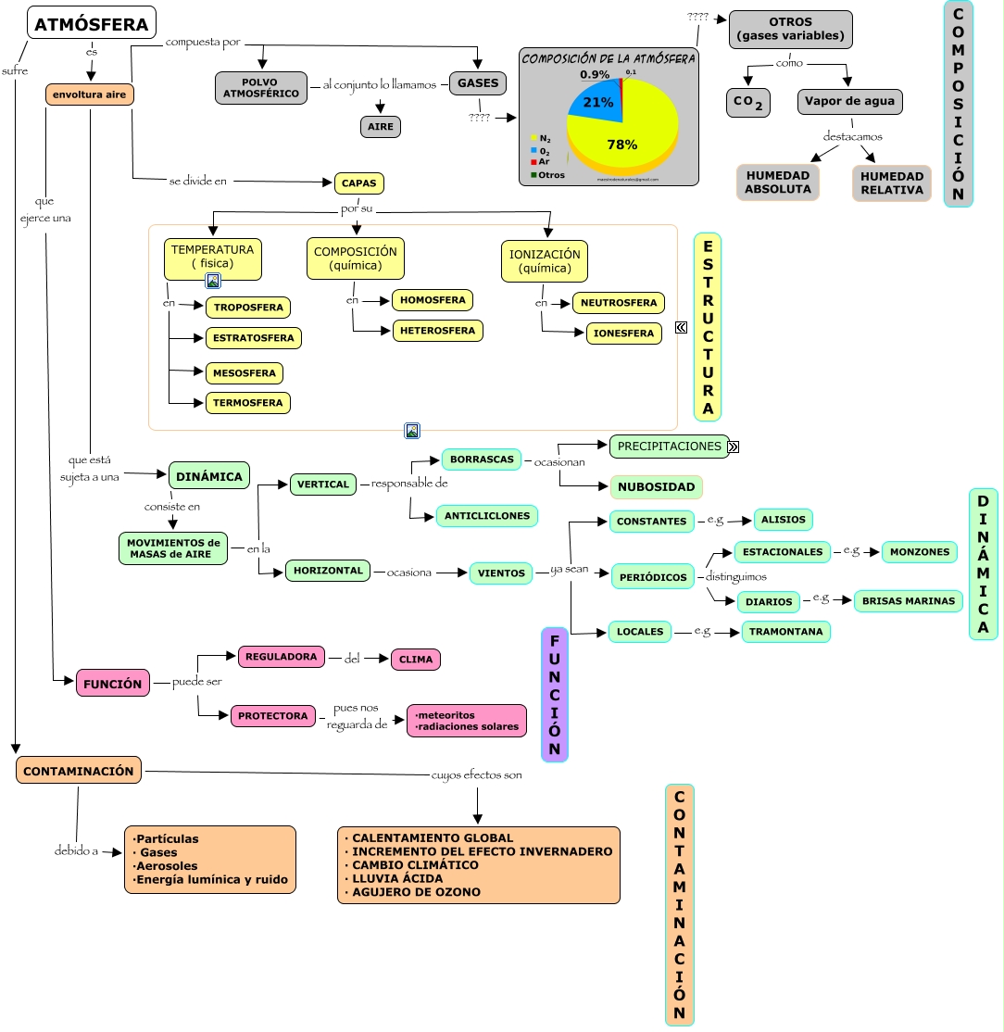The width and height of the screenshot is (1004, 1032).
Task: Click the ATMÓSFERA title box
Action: point(92,23)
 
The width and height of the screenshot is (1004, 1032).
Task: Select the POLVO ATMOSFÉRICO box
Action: point(260,88)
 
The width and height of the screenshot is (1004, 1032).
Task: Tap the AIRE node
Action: point(380,127)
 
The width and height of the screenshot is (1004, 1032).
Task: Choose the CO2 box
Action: point(748,103)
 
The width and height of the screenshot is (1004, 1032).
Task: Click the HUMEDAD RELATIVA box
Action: point(891,182)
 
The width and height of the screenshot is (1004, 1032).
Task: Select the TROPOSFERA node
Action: point(248,308)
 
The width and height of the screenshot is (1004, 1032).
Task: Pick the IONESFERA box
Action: point(623,334)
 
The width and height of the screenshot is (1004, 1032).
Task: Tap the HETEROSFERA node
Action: point(437,330)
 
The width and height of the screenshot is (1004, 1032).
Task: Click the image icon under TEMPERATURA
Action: point(213,281)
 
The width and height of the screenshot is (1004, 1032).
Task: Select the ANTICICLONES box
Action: point(486,516)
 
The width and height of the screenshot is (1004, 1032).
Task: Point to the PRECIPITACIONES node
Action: point(669,447)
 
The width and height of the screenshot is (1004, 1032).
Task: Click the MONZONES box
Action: point(919,552)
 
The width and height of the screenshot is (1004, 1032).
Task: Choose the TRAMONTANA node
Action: point(786,632)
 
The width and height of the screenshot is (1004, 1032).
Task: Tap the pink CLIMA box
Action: point(416,660)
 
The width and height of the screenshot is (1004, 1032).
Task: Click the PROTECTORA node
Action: point(272,716)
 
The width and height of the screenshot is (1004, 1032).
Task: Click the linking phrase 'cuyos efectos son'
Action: point(476,774)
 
